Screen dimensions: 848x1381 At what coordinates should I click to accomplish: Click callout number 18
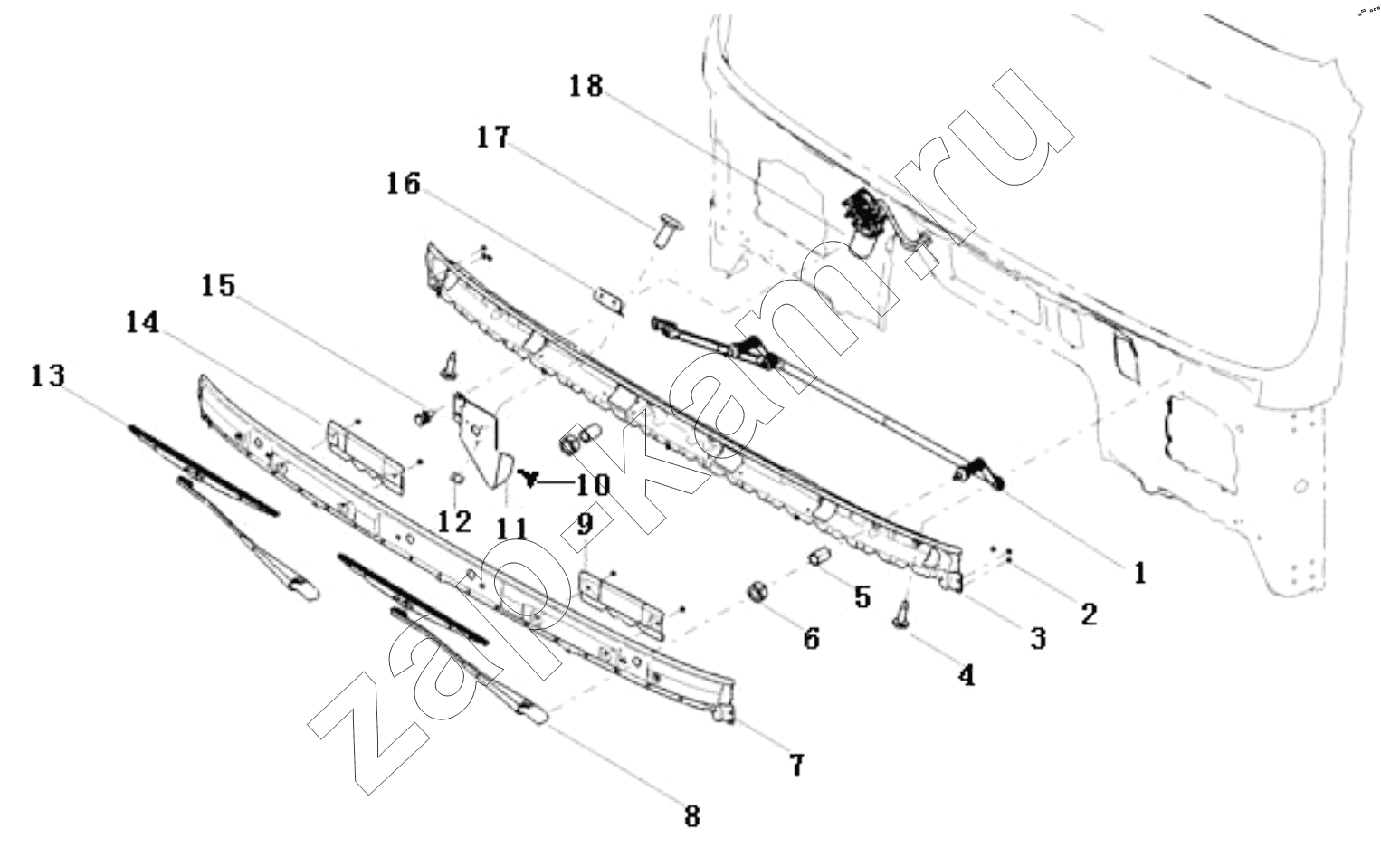pos(586,87)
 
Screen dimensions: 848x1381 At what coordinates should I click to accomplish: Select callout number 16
pos(403,184)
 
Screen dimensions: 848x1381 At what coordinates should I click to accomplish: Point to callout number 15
pos(218,286)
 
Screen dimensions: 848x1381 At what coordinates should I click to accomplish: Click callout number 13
pos(48,375)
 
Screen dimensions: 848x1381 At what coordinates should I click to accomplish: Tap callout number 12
pos(454,521)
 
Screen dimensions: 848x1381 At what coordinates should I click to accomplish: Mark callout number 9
pos(584,522)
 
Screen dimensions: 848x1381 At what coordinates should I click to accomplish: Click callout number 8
pos(691,816)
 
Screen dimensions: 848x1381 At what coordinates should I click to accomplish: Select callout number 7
pos(795,765)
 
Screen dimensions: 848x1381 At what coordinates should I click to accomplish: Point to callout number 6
pos(810,638)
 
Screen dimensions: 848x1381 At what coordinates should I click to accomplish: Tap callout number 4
pos(967,675)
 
